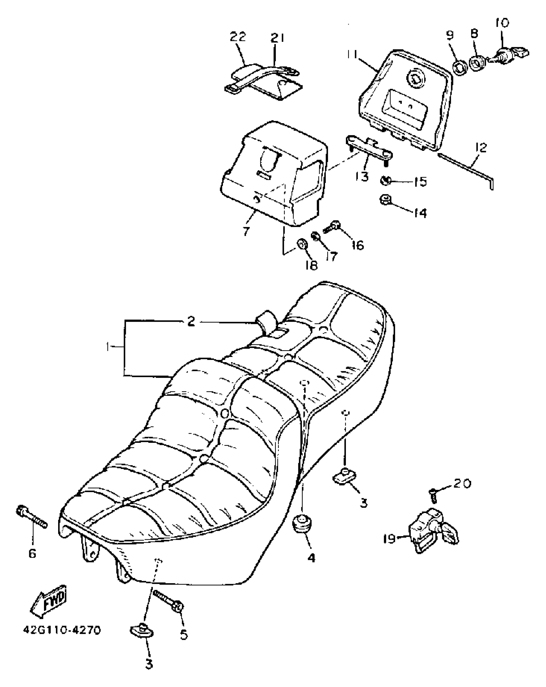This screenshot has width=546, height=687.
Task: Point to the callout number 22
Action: click(238, 37)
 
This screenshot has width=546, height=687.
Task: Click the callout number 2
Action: click(191, 321)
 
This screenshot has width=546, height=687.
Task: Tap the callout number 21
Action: click(277, 38)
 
